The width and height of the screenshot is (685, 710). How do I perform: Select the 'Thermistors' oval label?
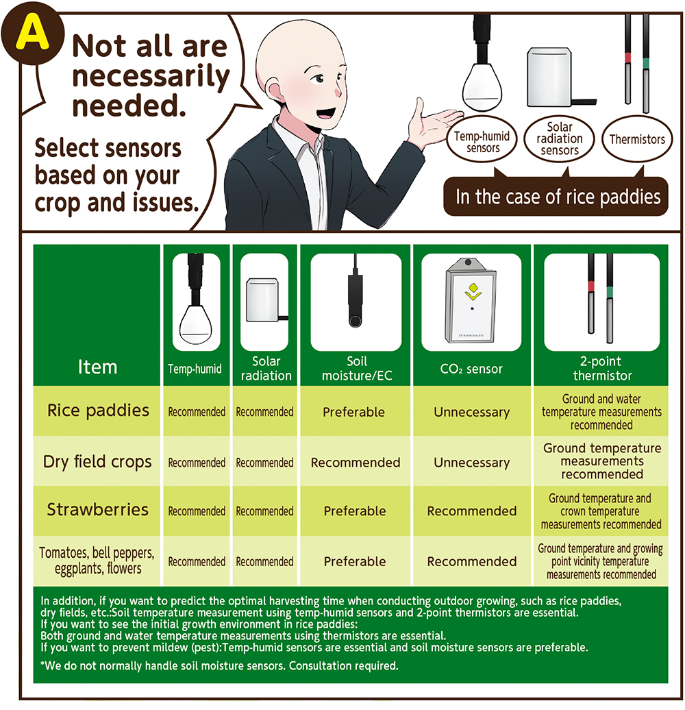[637, 139]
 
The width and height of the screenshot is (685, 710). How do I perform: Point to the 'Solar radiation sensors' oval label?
[559, 138]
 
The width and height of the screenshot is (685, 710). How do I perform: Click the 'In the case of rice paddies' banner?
[556, 197]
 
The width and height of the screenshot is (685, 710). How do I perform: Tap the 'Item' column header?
[97, 367]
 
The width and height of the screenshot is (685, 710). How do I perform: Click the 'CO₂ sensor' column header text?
[471, 369]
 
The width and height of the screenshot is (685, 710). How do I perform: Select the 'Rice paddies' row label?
[98, 411]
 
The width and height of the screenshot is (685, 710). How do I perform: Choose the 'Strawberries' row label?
[98, 510]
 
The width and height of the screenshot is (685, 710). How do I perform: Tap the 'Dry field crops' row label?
[97, 462]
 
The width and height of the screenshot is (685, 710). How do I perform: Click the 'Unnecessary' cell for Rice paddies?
[472, 412]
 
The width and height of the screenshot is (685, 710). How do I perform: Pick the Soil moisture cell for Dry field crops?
[356, 463]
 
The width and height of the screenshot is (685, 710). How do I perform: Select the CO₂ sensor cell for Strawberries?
[472, 511]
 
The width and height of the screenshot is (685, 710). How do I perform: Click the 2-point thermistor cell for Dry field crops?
[601, 461]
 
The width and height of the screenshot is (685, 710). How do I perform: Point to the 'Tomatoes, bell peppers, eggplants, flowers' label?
[97, 561]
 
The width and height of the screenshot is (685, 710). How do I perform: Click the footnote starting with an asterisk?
[219, 666]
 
